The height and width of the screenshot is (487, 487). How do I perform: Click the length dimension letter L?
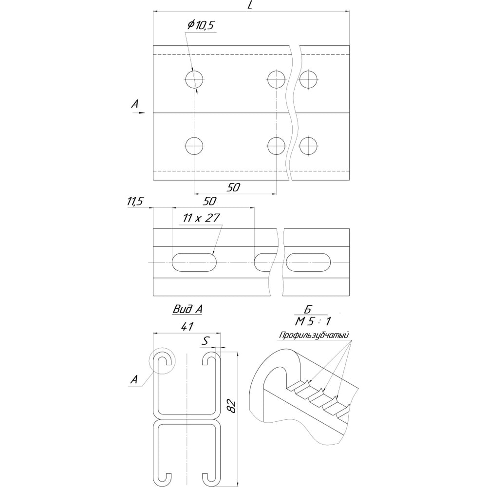[x=250, y=5]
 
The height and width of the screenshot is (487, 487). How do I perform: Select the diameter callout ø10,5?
[x=201, y=25]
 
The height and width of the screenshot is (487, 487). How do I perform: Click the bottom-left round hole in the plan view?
[x=194, y=146]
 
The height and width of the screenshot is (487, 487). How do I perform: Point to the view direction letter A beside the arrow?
[x=134, y=104]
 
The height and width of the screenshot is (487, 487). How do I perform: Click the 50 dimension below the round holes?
[x=234, y=187]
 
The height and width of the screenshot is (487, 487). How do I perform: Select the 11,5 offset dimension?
[x=135, y=202]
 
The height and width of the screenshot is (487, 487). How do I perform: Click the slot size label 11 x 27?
[x=201, y=218]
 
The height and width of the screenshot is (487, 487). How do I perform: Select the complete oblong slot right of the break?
[x=308, y=262]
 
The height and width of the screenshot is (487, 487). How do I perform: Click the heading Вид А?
[x=187, y=309]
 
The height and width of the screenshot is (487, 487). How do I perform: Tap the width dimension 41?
[x=187, y=326]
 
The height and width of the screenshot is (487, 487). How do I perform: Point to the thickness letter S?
[x=205, y=341]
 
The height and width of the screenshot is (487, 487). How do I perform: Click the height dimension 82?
[x=232, y=407]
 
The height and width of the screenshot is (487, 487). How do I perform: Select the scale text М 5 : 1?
[x=313, y=321]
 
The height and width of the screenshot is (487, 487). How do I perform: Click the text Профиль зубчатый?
[x=314, y=336]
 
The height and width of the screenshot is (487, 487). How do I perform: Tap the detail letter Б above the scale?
[x=307, y=309]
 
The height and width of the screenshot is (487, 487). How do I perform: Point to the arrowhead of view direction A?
[x=142, y=113]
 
